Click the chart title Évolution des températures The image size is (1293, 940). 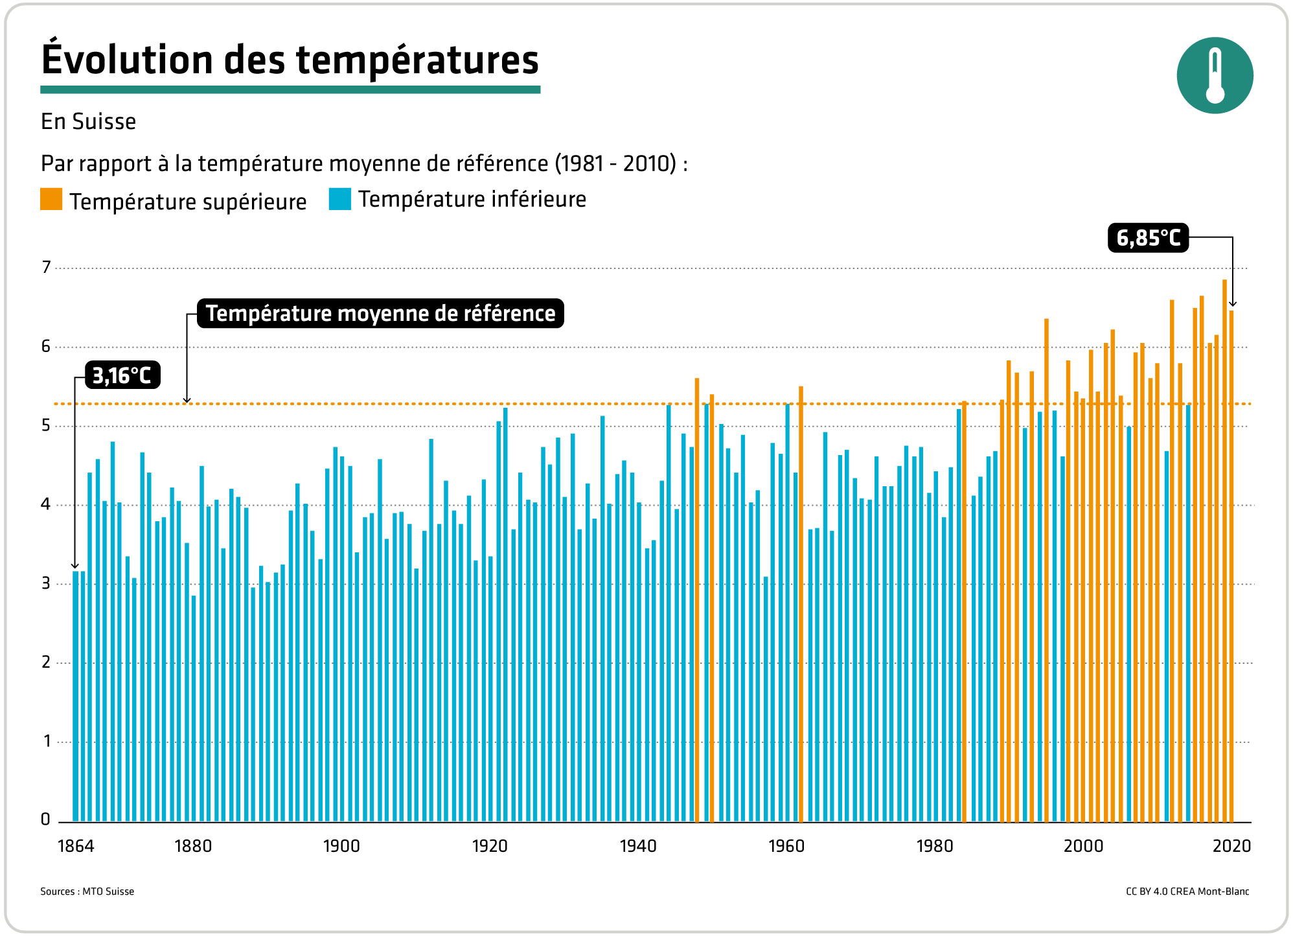click(290, 60)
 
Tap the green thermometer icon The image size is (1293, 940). click(1215, 75)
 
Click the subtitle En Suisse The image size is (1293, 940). click(88, 122)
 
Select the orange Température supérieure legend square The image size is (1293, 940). click(51, 200)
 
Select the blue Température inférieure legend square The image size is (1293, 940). click(339, 199)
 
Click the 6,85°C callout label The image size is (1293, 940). click(1148, 238)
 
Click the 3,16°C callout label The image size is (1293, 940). click(122, 375)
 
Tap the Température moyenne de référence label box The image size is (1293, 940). click(380, 313)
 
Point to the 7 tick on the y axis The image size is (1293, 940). click(46, 267)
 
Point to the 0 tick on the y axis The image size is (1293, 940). click(45, 819)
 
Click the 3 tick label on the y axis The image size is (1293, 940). click(46, 583)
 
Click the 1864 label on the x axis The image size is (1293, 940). click(76, 846)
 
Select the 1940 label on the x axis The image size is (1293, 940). click(638, 846)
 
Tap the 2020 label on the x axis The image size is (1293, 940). click(1231, 846)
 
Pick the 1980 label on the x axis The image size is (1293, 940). click(935, 846)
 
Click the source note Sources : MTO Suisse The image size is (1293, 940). click(87, 891)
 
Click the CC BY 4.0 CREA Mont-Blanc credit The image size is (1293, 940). click(1187, 891)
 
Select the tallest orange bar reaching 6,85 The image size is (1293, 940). click(1224, 551)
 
